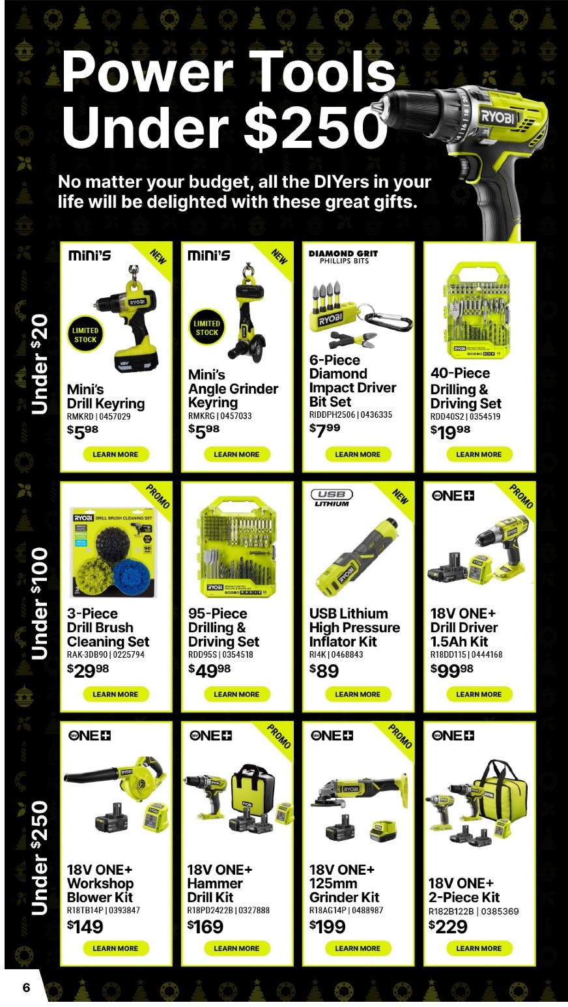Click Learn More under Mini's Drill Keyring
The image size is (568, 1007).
click(115, 454)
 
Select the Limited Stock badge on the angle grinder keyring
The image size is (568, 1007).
click(206, 328)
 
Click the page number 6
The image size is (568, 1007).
click(26, 987)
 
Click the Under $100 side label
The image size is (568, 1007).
click(40, 603)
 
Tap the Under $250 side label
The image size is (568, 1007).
click(40, 857)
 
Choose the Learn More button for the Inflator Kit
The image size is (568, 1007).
click(358, 694)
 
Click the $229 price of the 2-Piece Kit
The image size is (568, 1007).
click(448, 926)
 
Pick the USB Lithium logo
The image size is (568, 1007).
click(332, 498)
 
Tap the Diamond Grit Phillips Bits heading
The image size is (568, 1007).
click(343, 257)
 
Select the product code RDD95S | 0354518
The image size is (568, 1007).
click(220, 654)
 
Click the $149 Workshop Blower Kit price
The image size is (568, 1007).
click(85, 926)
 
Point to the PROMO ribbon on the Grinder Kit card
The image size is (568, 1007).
click(400, 736)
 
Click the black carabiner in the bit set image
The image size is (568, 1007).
click(389, 321)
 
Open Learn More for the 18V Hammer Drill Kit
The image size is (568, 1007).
click(236, 948)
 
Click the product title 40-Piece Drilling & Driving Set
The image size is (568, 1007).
click(465, 388)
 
